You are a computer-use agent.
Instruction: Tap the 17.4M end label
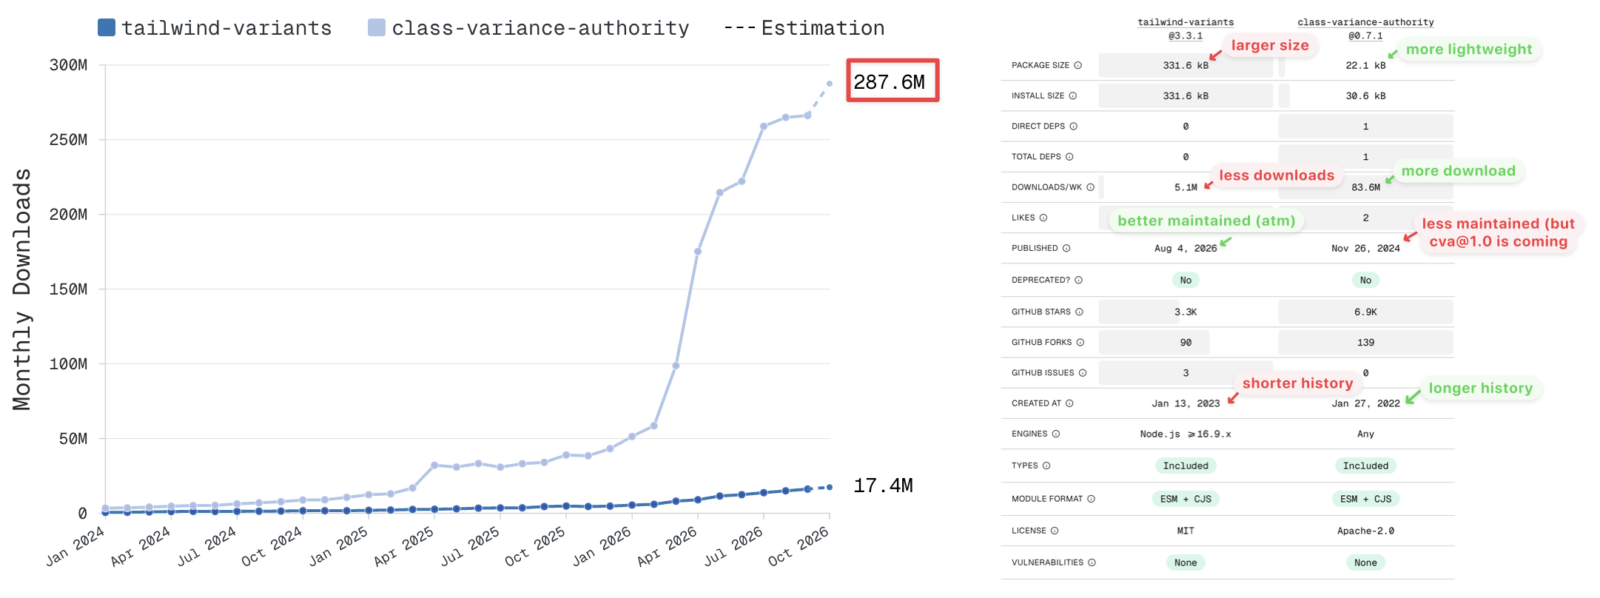[x=883, y=486]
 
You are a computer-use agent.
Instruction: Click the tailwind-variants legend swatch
[x=107, y=27]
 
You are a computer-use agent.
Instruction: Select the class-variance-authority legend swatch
[x=377, y=27]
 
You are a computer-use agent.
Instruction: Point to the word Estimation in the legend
[x=823, y=28]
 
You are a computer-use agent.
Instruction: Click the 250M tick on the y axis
[x=68, y=140]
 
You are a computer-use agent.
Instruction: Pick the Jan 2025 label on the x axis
[x=339, y=546]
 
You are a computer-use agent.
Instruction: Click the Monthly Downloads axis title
[x=22, y=289]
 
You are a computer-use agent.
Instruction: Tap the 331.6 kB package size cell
[x=1186, y=65]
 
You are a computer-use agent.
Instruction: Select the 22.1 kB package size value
[x=1365, y=65]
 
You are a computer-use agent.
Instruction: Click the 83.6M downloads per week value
[x=1365, y=187]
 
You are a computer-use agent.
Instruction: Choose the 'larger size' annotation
[x=1270, y=45]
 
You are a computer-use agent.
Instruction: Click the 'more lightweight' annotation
[x=1469, y=50]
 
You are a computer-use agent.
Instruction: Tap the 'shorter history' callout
[x=1297, y=383]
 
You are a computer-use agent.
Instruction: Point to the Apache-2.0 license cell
[x=1365, y=531]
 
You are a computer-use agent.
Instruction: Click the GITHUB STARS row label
[x=1041, y=312]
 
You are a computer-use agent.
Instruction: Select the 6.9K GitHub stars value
[x=1365, y=312]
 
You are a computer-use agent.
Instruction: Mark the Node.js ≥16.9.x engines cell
[x=1186, y=434]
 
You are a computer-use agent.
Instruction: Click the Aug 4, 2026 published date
[x=1186, y=248]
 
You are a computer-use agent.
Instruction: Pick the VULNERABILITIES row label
[x=1047, y=562]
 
